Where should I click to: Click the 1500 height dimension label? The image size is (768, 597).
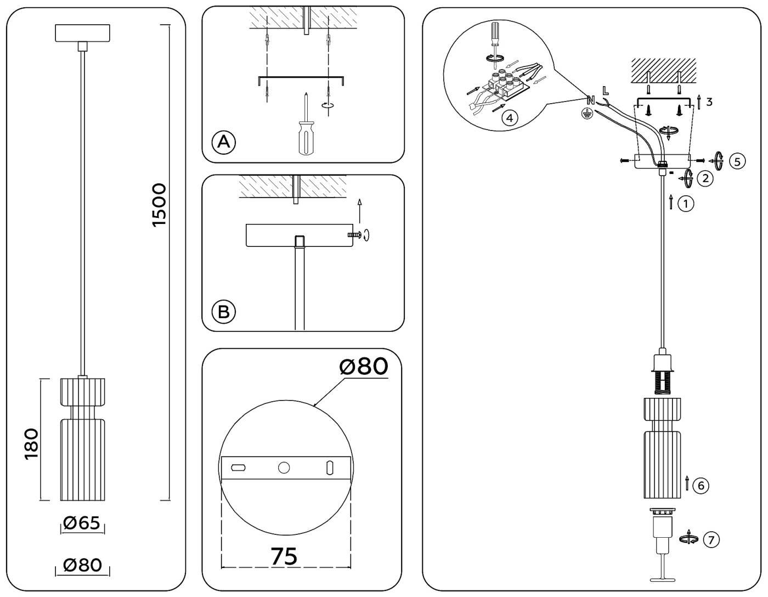159,205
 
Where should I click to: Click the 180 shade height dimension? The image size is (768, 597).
31,443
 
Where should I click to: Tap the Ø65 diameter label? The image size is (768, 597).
82,523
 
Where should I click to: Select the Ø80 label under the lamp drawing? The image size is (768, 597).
82,565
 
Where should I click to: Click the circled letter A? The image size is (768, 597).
223,142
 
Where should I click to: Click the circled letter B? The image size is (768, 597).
223,312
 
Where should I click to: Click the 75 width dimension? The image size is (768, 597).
285,556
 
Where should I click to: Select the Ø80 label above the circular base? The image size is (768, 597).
364,367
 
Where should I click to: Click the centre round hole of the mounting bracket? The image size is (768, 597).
284,468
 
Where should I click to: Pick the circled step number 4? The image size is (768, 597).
509,117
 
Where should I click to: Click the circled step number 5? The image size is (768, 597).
737,161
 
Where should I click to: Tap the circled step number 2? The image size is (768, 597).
705,178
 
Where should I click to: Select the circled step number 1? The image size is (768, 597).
686,204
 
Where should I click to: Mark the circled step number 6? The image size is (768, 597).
701,485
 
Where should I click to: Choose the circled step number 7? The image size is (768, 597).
711,540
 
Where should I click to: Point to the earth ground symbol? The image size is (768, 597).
588,115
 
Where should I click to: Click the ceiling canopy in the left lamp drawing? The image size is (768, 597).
82,33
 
